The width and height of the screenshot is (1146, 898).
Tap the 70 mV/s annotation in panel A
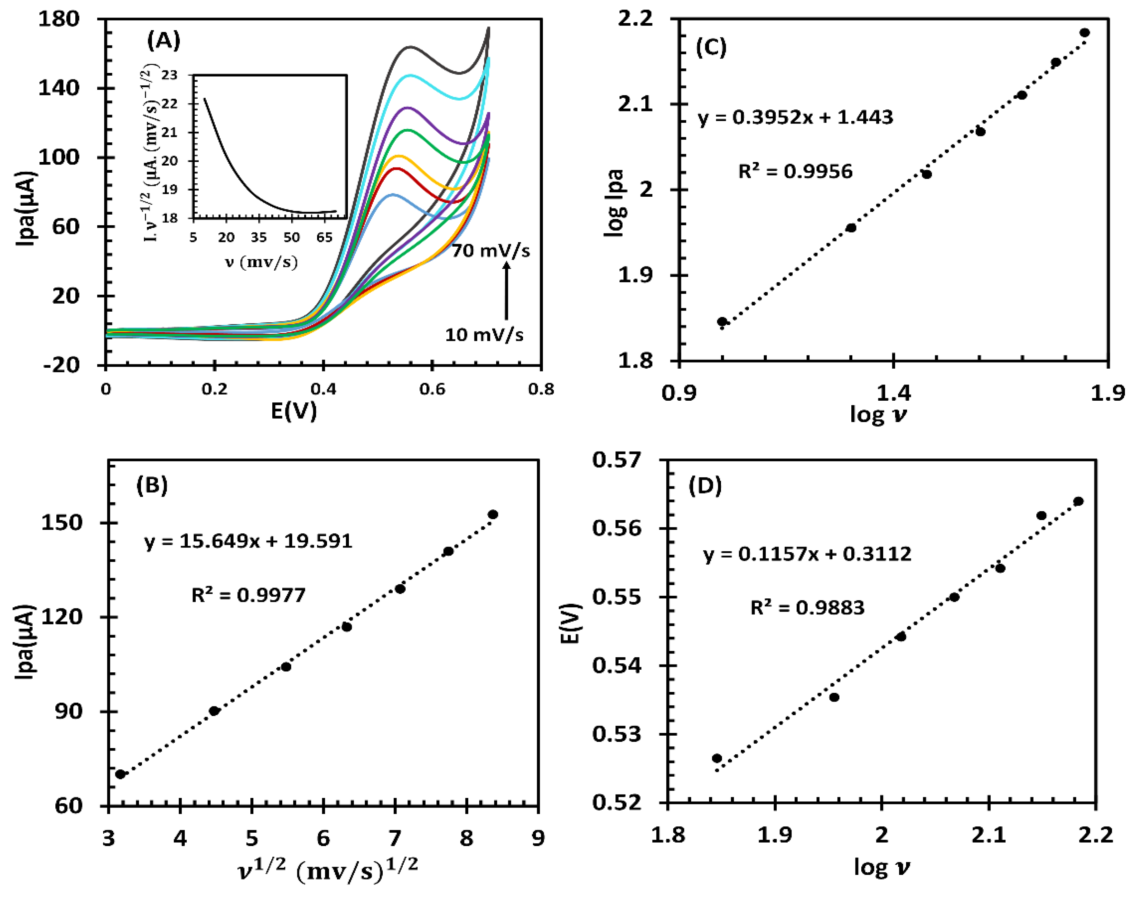point(490,251)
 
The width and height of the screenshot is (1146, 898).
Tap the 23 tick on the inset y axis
point(169,75)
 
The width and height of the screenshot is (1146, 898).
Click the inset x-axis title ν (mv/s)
point(261,261)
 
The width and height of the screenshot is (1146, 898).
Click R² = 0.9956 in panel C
point(795,171)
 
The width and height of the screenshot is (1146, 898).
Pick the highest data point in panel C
point(1084,33)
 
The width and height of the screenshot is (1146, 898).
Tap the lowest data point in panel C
point(722,322)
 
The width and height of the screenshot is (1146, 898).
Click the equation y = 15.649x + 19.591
point(248,541)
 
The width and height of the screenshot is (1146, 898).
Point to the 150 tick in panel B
point(62,523)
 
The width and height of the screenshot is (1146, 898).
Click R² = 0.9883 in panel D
point(807,608)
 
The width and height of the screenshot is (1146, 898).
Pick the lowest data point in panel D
point(717,758)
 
